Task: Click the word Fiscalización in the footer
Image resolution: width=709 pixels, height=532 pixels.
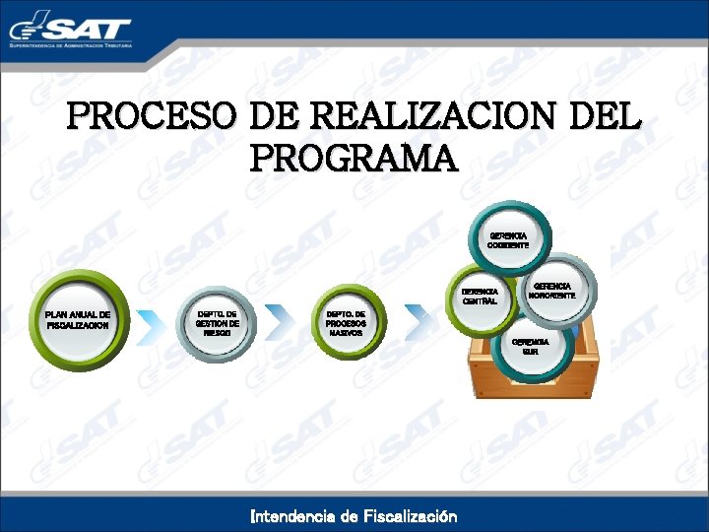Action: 411,515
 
